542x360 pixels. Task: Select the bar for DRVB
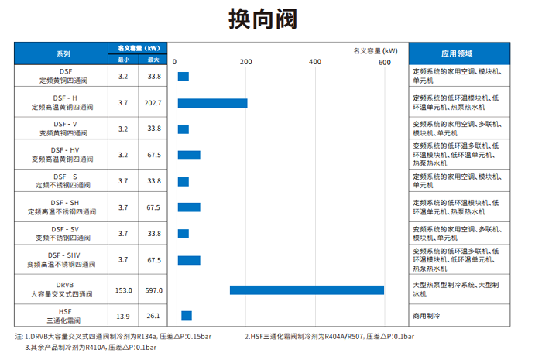coord(307,290)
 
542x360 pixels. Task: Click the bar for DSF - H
coord(212,103)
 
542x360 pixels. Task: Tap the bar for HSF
coord(186,315)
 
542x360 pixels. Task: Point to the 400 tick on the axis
coord(314,62)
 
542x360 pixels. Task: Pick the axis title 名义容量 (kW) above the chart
coord(375,50)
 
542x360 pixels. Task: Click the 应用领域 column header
coord(457,53)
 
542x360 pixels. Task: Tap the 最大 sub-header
coord(153,59)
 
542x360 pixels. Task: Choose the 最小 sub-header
coord(124,59)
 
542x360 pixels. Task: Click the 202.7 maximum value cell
coord(153,103)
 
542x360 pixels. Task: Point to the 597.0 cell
coord(153,290)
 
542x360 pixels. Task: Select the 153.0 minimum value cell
coord(124,290)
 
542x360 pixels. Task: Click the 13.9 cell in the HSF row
coord(124,315)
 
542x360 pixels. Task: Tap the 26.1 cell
coord(153,315)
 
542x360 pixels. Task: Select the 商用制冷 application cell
coord(427,316)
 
